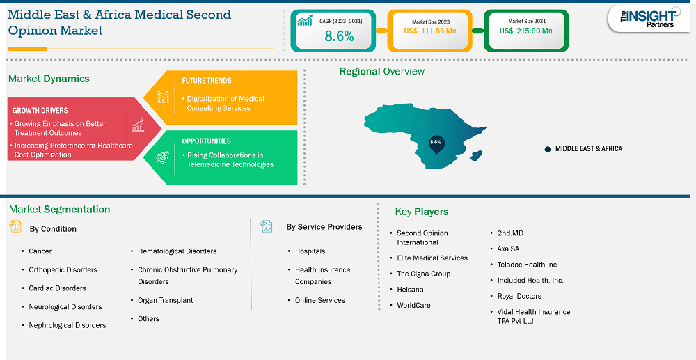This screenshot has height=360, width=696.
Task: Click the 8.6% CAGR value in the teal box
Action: click(339, 36)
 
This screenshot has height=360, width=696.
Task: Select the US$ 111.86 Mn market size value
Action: click(430, 31)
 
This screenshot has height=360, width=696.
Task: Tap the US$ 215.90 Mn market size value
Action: click(526, 31)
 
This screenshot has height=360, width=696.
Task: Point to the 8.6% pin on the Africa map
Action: click(436, 144)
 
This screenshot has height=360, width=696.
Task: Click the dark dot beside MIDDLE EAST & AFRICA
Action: click(548, 149)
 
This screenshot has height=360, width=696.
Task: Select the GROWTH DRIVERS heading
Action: click(40, 110)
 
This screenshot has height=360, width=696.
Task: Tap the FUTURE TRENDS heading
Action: click(207, 81)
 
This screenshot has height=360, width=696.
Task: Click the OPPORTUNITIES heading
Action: click(207, 141)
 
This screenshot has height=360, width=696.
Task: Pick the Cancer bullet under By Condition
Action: click(40, 251)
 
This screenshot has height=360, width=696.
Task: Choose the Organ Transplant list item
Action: click(166, 301)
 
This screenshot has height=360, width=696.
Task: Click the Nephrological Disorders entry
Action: click(68, 325)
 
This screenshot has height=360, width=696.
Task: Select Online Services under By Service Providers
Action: click(320, 301)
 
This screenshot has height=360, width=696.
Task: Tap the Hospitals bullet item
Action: click(310, 251)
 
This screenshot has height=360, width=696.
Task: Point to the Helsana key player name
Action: click(410, 290)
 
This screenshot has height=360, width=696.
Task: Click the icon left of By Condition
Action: click(15, 226)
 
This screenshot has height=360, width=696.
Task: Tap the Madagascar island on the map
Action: click(476, 155)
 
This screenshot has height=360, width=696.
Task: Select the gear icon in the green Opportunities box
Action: click(163, 157)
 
